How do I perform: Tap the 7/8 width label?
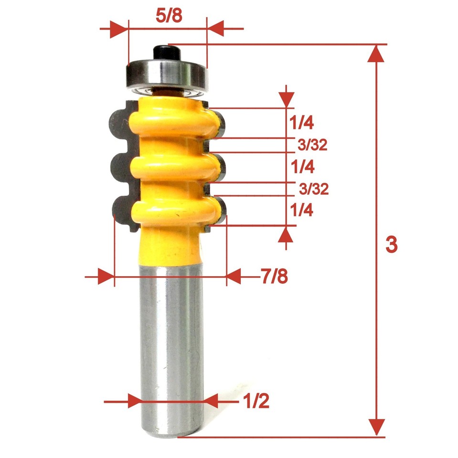click(x=274, y=276)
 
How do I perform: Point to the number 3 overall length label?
click(x=391, y=245)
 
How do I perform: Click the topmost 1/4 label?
click(x=301, y=124)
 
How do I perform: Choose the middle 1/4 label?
click(x=301, y=167)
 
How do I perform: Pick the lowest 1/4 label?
click(x=301, y=210)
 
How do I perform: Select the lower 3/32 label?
click(x=313, y=189)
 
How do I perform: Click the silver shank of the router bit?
click(x=169, y=348)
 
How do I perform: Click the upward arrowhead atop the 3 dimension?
click(x=377, y=53)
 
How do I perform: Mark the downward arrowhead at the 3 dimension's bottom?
click(x=377, y=426)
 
